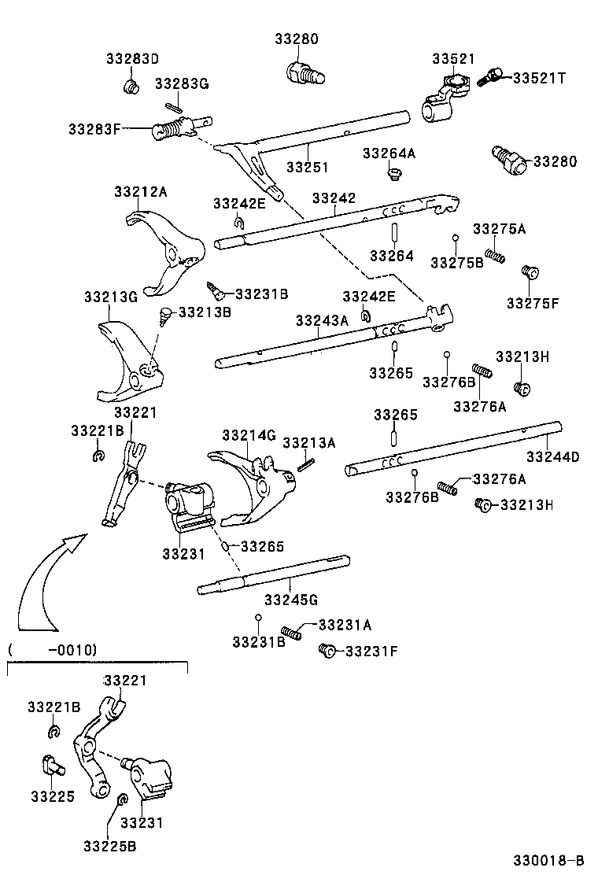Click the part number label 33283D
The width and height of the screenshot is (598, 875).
pyautogui.click(x=132, y=59)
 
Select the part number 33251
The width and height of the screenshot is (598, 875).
pyautogui.click(x=307, y=168)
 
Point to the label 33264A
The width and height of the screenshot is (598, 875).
pyautogui.click(x=389, y=153)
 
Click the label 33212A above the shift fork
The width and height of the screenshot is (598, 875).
pyautogui.click(x=140, y=191)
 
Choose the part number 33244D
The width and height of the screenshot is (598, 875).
pyautogui.click(x=552, y=457)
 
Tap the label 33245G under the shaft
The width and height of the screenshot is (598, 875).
pyautogui.click(x=290, y=600)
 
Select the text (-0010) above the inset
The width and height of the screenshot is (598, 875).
pyautogui.click(x=52, y=650)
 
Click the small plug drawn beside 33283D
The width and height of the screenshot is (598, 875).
pyautogui.click(x=132, y=84)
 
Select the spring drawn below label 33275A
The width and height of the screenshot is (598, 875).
pyautogui.click(x=494, y=255)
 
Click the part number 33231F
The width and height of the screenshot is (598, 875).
pyautogui.click(x=371, y=651)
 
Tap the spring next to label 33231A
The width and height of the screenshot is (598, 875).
pyautogui.click(x=292, y=632)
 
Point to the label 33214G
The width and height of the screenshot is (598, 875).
pyautogui.click(x=249, y=435)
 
